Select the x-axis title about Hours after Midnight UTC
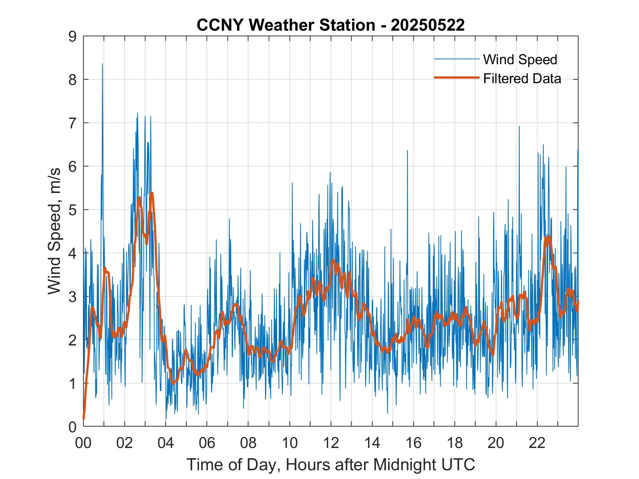[331, 465]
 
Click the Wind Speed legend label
[520, 59]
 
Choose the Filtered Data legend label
[522, 78]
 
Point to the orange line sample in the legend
[456, 78]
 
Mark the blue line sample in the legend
[456, 59]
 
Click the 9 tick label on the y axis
[72, 36]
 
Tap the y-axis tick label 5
[72, 210]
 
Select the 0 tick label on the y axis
[72, 426]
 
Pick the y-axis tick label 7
[72, 123]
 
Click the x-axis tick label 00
[83, 443]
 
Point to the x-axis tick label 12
[331, 443]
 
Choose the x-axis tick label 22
[537, 443]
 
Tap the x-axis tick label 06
[207, 443]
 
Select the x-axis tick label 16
[413, 443]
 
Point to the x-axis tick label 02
[125, 443]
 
